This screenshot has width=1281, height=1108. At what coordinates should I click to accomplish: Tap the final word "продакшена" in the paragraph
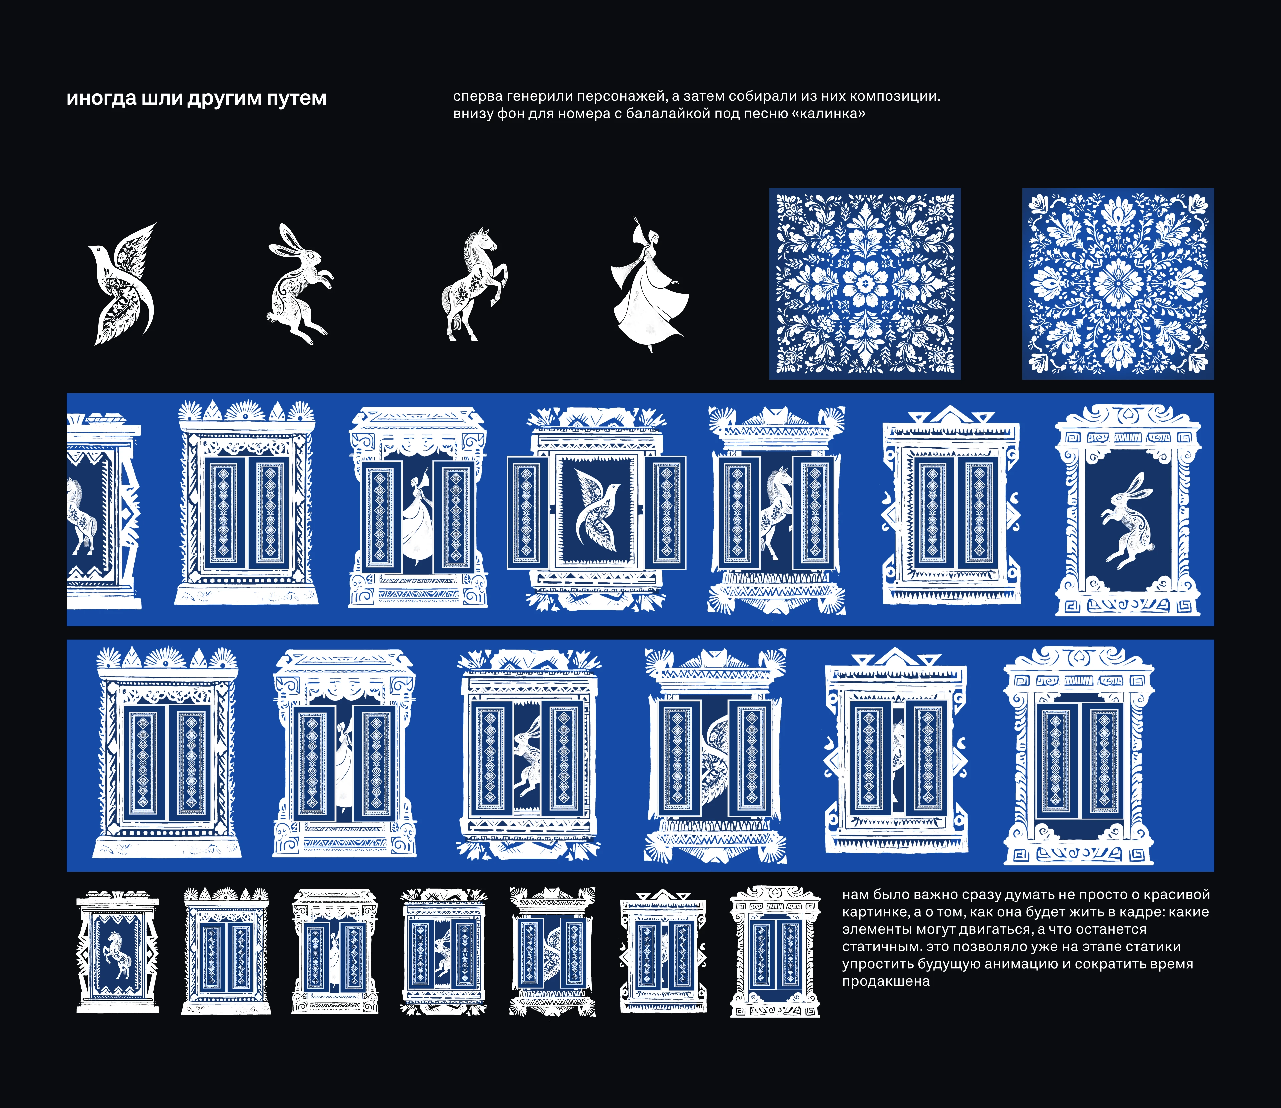pos(886,981)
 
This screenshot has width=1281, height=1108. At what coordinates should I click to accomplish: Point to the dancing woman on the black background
pos(650,284)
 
